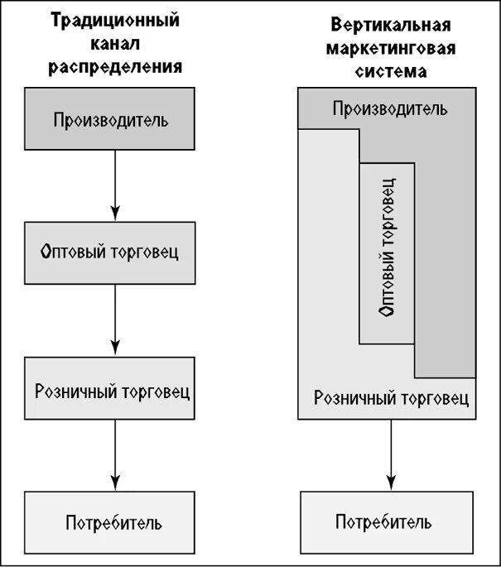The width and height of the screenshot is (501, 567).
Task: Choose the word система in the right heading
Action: tap(388, 70)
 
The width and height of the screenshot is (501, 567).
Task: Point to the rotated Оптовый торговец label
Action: tap(386, 252)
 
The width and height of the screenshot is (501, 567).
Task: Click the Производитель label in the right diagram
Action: tap(390, 108)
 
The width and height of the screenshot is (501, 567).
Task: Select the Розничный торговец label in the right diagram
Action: tap(392, 397)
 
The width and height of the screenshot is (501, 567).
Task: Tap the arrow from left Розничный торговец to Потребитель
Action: tap(115, 458)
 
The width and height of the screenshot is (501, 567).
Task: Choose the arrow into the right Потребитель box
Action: tap(390, 454)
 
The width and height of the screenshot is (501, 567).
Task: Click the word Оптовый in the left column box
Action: tap(69, 252)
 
